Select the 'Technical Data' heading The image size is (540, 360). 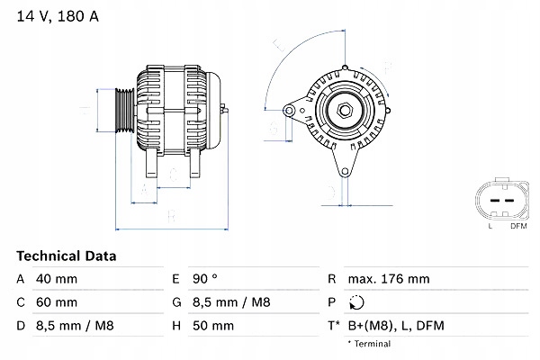point(67,256)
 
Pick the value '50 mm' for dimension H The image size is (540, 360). point(213,325)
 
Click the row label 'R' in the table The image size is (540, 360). point(332,279)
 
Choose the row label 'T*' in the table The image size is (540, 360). point(334,325)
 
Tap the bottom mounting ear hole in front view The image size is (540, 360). point(343,172)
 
